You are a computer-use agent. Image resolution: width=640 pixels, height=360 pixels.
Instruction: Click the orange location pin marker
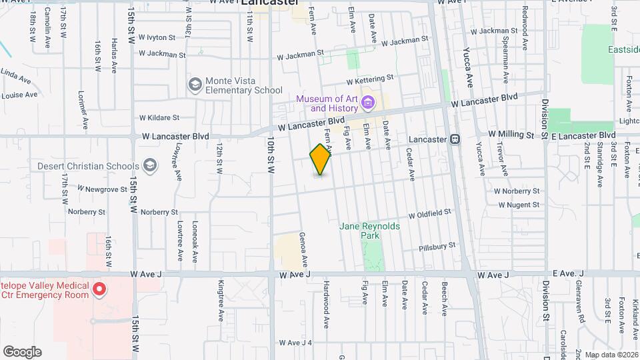pos(321,159)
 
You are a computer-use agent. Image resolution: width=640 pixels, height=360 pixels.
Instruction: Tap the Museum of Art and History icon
pos(368,103)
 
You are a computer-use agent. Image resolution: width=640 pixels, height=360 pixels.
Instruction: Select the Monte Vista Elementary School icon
pos(195,84)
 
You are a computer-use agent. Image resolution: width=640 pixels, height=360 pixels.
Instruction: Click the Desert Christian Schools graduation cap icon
pos(150,165)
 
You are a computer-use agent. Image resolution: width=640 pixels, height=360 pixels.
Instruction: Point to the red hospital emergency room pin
pos(99,289)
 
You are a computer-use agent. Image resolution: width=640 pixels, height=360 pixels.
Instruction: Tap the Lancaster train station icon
pos(455,139)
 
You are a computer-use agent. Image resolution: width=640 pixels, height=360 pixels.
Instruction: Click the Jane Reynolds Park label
pos(370,231)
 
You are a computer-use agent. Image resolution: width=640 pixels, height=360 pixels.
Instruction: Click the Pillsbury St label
pos(437,246)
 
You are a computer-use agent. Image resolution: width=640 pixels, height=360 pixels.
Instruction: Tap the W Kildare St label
pos(159,117)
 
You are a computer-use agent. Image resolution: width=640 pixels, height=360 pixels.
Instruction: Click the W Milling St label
pos(511,134)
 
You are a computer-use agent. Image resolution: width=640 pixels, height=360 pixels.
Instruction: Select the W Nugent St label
pos(517,205)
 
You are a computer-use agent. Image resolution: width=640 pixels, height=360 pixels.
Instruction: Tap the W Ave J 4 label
pos(296,343)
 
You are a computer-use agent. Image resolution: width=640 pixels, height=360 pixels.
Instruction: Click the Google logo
pos(22,351)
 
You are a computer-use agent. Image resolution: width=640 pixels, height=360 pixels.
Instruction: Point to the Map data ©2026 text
pos(611,355)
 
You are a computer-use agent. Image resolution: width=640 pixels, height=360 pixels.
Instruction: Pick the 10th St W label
pos(271,156)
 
